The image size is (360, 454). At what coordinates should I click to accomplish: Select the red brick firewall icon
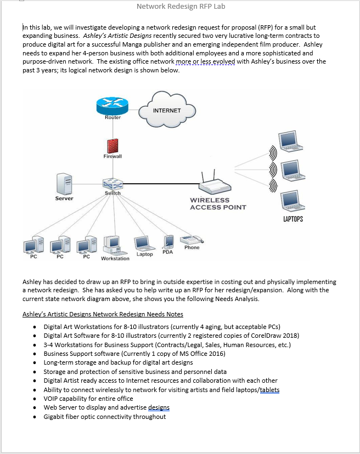tap(113, 144)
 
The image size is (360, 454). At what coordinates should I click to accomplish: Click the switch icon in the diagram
tap(112, 184)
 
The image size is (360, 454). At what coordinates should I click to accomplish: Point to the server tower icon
tap(64, 183)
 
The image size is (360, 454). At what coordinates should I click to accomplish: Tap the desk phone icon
tap(191, 239)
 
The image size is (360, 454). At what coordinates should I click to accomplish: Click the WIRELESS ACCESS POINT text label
tap(218, 203)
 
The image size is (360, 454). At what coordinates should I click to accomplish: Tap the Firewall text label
tap(113, 156)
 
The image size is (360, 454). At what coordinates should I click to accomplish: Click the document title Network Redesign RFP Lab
tap(180, 7)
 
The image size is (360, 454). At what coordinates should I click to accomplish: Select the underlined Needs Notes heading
tap(103, 314)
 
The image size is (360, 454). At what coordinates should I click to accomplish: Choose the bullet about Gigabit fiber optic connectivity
tap(104, 417)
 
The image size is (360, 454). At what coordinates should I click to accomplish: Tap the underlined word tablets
tap(269, 390)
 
